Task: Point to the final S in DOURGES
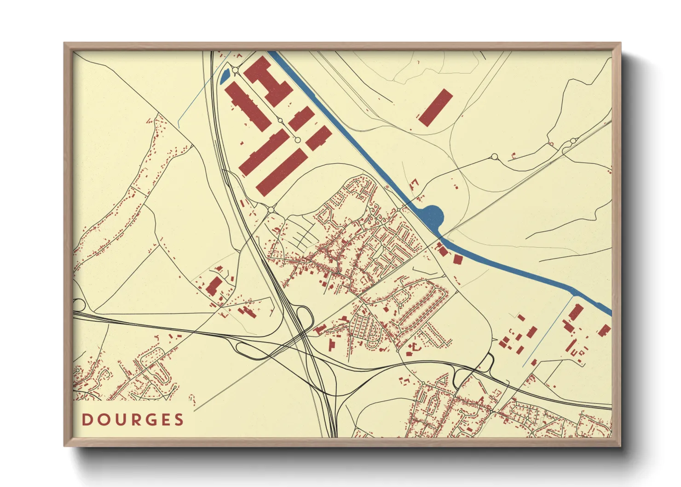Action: click(x=179, y=420)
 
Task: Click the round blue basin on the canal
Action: click(x=432, y=215)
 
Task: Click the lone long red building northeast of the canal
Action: click(x=435, y=108)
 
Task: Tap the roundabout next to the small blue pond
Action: click(x=236, y=70)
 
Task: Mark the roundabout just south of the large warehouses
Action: click(x=271, y=210)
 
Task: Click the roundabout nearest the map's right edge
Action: click(x=573, y=141)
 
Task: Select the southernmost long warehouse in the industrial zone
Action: click(x=282, y=172)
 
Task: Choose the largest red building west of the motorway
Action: click(x=214, y=286)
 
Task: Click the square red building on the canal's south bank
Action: click(x=457, y=259)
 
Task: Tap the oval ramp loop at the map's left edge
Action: click(x=78, y=305)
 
